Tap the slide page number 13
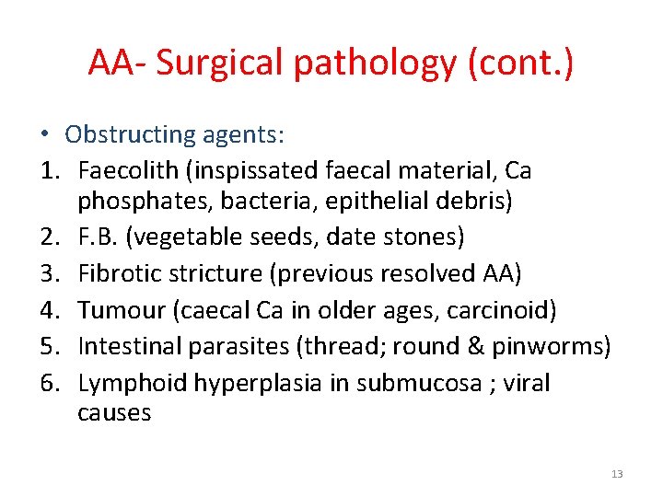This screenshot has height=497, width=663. pos(617,474)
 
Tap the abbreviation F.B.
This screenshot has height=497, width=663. pos(98,237)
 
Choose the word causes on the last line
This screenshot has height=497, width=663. pos(114,412)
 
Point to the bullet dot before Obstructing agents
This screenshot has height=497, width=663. pos(44,135)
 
